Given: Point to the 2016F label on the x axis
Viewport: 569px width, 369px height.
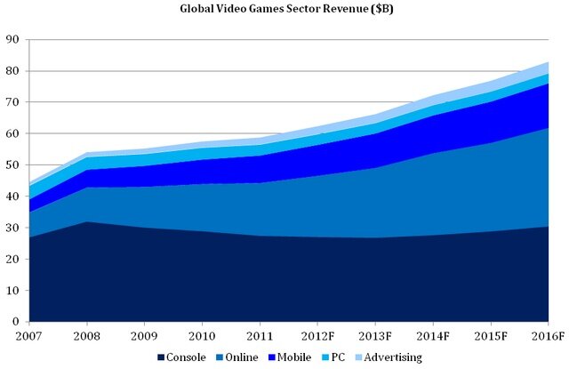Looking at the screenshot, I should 549,336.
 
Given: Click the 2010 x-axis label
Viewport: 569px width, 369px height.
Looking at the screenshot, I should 202,336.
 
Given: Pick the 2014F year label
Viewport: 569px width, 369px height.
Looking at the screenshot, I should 434,336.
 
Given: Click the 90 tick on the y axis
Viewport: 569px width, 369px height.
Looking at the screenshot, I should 13,39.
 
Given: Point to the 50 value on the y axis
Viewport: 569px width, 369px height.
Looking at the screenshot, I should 13,164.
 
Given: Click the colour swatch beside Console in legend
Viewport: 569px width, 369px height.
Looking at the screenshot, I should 160,357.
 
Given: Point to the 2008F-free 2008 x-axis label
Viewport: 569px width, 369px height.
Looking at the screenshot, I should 86,336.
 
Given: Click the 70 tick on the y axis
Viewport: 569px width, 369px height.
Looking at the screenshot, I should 13,102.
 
